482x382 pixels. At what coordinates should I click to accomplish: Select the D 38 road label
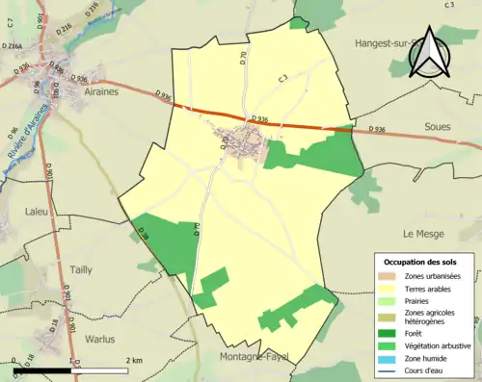coord(144,233)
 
